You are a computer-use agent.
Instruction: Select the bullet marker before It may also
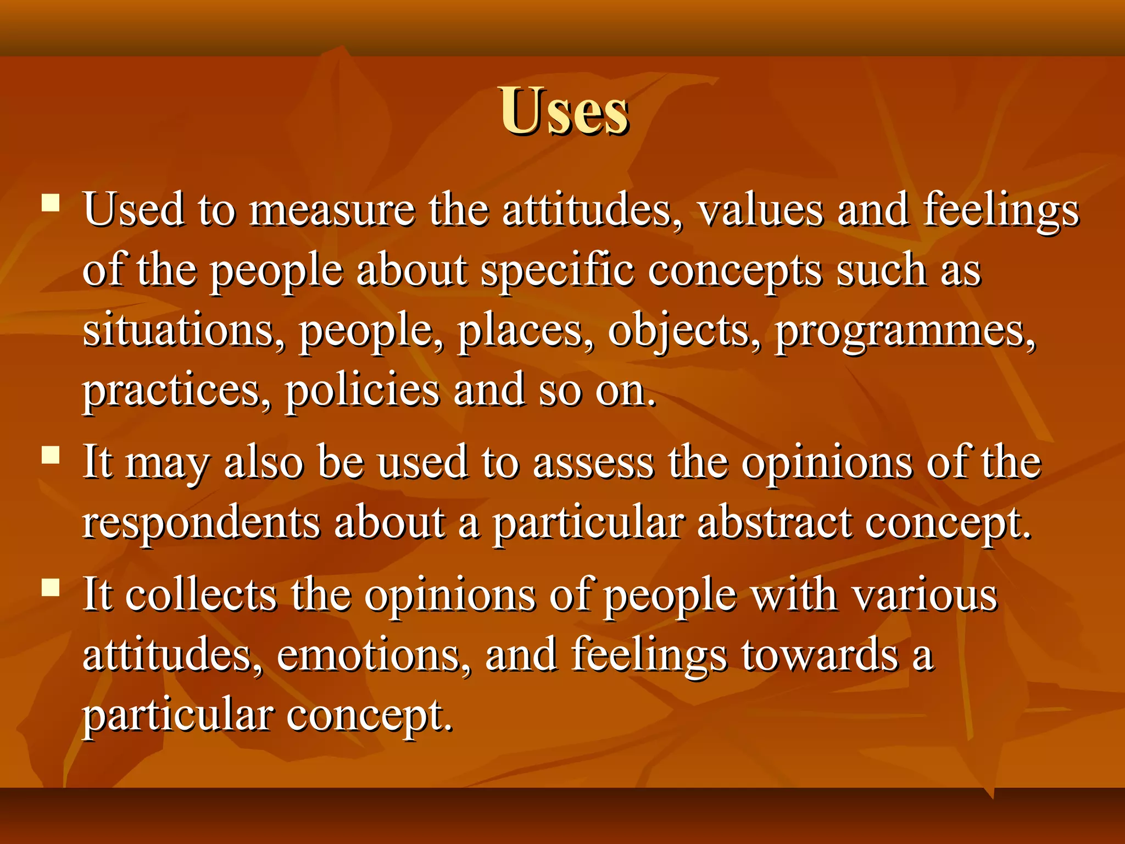pos(51,455)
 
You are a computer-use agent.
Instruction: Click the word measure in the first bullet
pos(332,211)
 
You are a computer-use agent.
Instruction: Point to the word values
pos(761,211)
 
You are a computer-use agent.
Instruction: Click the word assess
pos(593,463)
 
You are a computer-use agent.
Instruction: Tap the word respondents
pos(201,524)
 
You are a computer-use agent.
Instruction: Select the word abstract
pos(774,523)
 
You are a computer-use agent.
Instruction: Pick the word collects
pos(201,596)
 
